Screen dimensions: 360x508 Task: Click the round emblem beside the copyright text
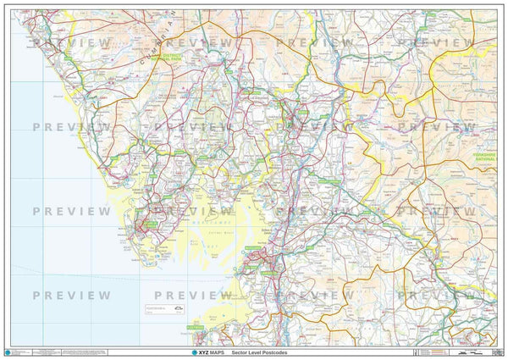[x=9, y=351]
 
